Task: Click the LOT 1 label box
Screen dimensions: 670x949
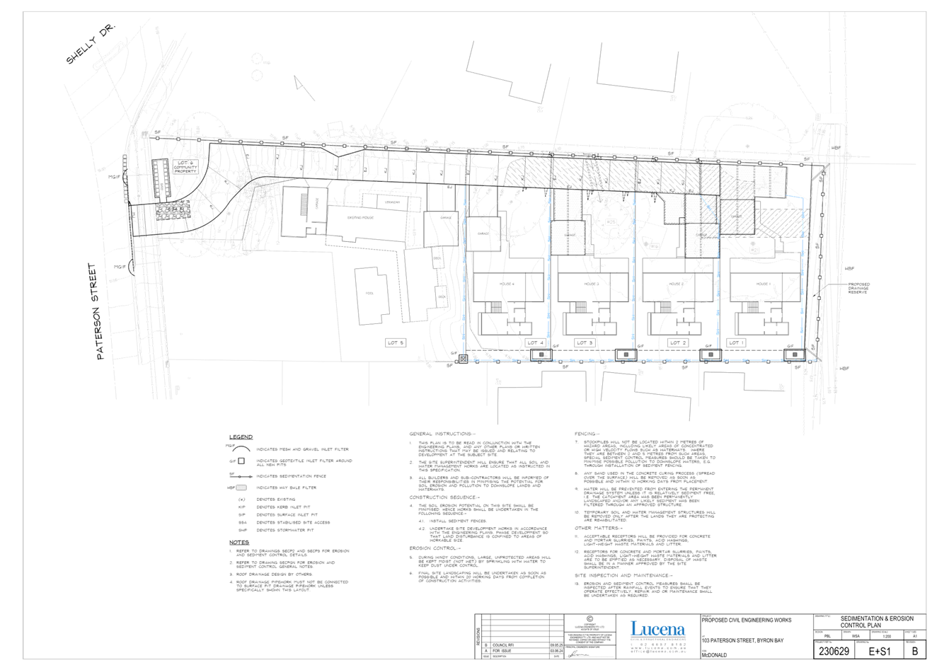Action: [x=736, y=342]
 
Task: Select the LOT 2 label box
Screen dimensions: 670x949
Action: [x=678, y=342]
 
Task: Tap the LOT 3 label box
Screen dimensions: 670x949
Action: [x=585, y=342]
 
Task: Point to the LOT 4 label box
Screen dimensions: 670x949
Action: [x=536, y=342]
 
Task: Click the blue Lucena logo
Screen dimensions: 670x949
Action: [x=657, y=629]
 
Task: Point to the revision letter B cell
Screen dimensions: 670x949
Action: [x=915, y=651]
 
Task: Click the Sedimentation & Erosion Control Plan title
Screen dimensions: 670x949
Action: [x=881, y=622]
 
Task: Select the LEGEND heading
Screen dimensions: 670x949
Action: [x=241, y=437]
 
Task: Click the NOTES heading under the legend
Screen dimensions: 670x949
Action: [x=239, y=543]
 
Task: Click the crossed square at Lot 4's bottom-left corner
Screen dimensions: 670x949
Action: [x=463, y=359]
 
